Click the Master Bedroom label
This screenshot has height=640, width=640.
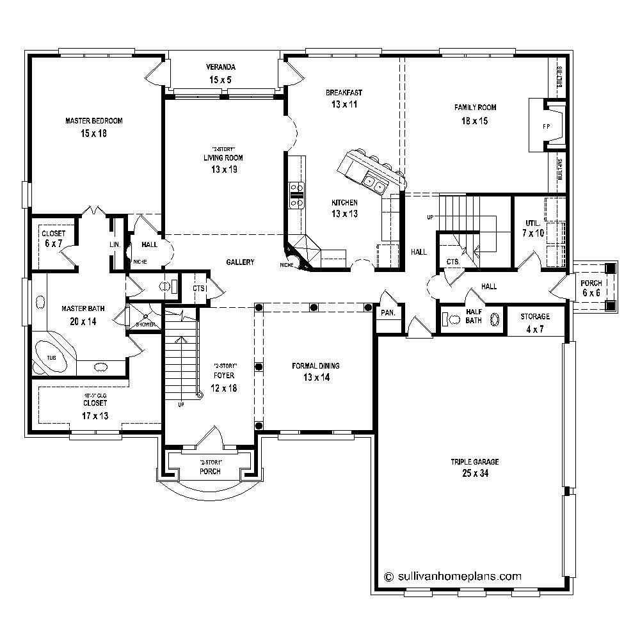pyautogui.click(x=93, y=127)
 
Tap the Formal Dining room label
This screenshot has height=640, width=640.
pyautogui.click(x=316, y=371)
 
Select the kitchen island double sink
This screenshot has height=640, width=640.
pyautogui.click(x=373, y=183)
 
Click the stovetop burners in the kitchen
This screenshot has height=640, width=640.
pyautogui.click(x=297, y=195)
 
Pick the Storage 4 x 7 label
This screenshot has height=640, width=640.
pyautogui.click(x=534, y=322)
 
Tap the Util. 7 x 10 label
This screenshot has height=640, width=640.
pyautogui.click(x=533, y=228)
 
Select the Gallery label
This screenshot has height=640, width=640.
pyautogui.click(x=240, y=262)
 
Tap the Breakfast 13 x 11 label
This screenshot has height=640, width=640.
pyautogui.click(x=344, y=98)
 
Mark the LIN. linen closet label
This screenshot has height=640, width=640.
pyautogui.click(x=115, y=244)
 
